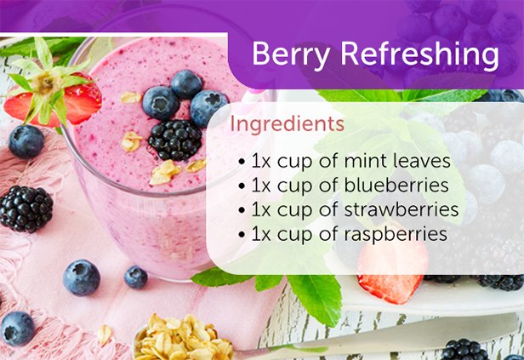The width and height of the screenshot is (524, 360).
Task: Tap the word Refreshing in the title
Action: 419,54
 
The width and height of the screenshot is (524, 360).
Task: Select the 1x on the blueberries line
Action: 260,185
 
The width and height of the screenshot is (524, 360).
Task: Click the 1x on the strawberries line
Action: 260,209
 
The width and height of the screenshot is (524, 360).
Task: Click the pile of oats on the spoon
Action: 183,338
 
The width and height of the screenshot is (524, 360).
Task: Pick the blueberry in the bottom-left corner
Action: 16,327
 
